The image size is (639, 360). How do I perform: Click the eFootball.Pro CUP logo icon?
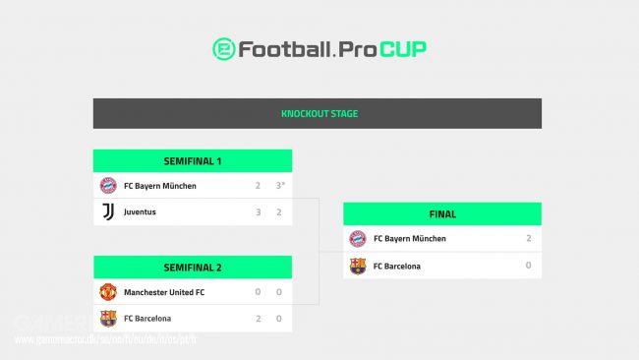[x=224, y=49]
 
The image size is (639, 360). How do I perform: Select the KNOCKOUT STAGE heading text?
[x=319, y=114]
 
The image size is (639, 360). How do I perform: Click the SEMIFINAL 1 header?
[x=193, y=160]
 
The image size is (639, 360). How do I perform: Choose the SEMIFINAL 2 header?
[x=193, y=268]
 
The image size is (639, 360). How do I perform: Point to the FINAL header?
[x=441, y=213]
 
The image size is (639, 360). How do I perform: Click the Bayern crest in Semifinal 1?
[x=108, y=186]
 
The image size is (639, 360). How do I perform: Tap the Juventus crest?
[x=108, y=211]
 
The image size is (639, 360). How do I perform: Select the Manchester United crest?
[x=108, y=292]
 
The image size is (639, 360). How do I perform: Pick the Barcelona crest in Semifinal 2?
[x=108, y=318]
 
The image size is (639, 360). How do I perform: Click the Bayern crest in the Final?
[x=358, y=239]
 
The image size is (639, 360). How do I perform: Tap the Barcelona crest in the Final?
[x=358, y=266]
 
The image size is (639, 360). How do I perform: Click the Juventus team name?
[x=140, y=211]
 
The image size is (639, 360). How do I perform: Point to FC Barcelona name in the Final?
[x=396, y=266]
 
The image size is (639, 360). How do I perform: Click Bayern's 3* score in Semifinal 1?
[x=279, y=186]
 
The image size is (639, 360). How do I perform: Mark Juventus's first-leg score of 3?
[x=258, y=211]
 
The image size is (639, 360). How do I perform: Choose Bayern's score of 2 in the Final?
[x=528, y=239]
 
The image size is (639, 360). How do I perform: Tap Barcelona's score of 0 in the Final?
[x=528, y=266]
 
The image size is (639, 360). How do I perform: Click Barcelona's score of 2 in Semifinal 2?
[x=258, y=318]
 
